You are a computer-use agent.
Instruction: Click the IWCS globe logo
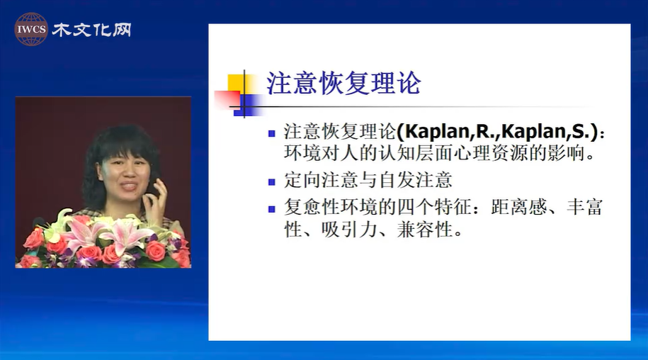pyautogui.click(x=31, y=29)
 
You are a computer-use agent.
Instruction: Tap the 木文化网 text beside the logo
pyautogui.click(x=92, y=30)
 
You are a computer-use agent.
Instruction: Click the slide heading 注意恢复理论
pyautogui.click(x=343, y=83)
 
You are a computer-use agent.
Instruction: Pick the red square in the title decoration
pyautogui.click(x=227, y=100)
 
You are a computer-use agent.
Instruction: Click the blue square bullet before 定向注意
pyautogui.click(x=271, y=182)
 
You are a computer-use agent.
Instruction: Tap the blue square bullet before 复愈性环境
pyautogui.click(x=271, y=209)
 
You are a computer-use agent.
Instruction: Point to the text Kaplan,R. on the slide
pyautogui.click(x=448, y=132)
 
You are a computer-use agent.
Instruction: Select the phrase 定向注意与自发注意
pyautogui.click(x=368, y=180)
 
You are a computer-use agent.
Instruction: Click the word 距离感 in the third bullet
pyautogui.click(x=518, y=208)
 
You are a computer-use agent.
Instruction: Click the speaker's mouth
pyautogui.click(x=128, y=186)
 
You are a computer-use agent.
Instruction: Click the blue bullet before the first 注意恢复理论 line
pyautogui.click(x=271, y=133)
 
